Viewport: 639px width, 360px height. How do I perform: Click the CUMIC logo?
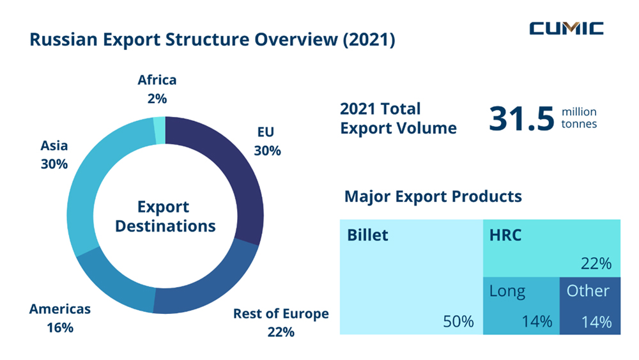tap(566, 28)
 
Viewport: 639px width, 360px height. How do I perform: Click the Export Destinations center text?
tap(164, 216)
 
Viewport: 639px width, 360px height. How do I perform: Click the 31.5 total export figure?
tap(521, 119)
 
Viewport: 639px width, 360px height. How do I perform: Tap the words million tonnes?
tap(579, 118)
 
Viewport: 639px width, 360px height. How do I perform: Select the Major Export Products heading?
tap(433, 196)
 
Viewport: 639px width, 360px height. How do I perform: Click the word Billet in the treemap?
tap(367, 235)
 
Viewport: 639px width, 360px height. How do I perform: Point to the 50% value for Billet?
tap(458, 322)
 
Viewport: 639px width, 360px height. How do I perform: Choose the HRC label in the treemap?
tap(505, 235)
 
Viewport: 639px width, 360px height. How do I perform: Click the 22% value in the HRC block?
tap(596, 263)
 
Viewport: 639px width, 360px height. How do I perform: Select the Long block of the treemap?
tap(520, 306)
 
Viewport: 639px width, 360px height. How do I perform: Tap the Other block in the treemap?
tap(589, 306)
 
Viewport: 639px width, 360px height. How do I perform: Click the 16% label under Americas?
tap(60, 328)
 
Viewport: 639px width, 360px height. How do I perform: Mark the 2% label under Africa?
tap(157, 98)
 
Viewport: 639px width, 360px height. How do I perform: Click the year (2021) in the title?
tap(368, 40)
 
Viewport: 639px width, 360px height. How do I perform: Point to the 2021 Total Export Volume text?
tap(398, 118)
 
